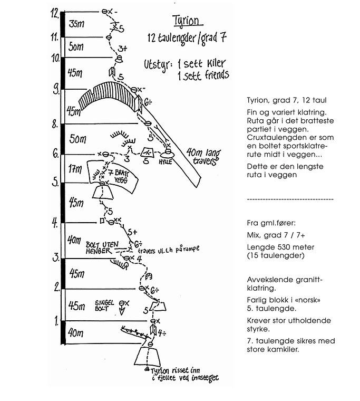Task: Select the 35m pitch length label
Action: tap(77, 24)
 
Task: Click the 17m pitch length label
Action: tap(75, 169)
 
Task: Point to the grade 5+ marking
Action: tap(132, 232)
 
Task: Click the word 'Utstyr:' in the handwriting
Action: tap(158, 64)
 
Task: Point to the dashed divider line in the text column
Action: tap(290, 199)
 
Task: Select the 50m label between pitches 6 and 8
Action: tap(77, 139)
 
